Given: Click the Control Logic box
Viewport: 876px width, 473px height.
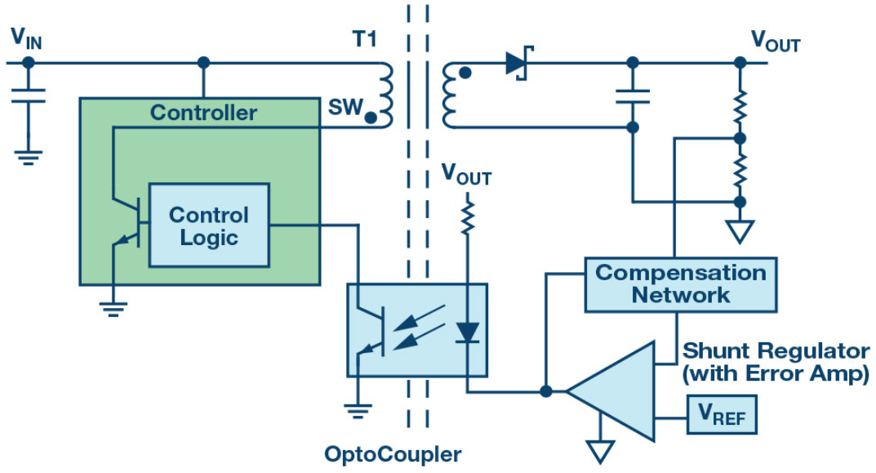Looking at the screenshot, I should pos(208,225).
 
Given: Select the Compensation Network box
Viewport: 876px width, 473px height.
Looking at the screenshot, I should pos(680,283).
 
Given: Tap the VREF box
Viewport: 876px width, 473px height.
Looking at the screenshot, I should pos(722,417).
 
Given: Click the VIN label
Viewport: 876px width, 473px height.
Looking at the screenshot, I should pos(25,38).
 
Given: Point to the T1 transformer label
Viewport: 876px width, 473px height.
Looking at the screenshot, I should pos(363,38).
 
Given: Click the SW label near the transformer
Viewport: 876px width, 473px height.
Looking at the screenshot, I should pos(344,107).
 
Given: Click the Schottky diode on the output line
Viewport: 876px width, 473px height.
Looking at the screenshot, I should pos(518,63).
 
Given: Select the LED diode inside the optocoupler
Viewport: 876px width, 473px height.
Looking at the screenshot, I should pos(467,332).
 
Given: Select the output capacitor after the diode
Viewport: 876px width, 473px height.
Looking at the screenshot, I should pos(631,96).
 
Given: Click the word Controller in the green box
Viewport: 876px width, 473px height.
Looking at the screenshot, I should pos(203,113).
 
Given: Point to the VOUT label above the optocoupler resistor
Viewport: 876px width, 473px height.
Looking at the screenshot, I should pos(466,173).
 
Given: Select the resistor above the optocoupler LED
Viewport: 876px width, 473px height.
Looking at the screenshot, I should pos(467,219).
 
